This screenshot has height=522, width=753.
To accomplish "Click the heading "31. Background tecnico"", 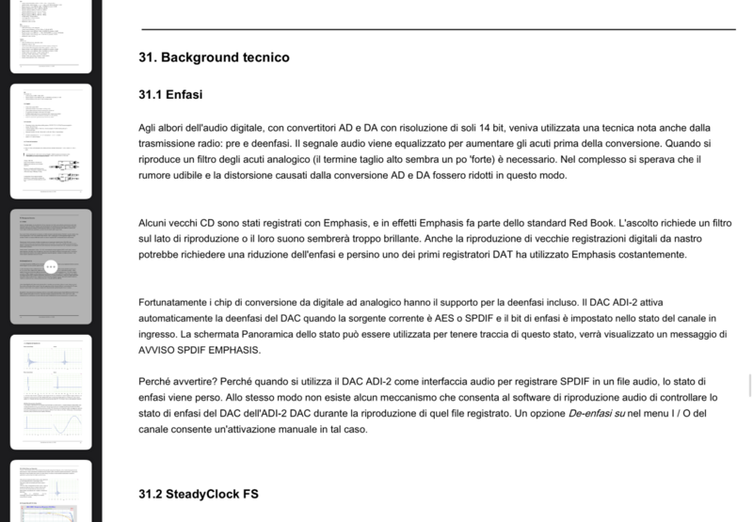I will (x=214, y=57).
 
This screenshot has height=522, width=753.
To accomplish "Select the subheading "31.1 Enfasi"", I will (x=171, y=94).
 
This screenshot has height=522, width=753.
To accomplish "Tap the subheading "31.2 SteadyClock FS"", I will (x=198, y=494).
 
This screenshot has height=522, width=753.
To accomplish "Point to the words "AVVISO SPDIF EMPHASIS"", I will (x=205, y=350).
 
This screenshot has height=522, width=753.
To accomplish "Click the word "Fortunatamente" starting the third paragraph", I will (x=183, y=302).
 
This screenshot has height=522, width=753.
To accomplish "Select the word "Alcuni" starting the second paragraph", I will (x=156, y=223).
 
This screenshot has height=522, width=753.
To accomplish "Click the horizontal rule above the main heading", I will (x=438, y=29).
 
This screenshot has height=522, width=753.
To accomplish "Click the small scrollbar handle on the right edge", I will (x=750, y=387).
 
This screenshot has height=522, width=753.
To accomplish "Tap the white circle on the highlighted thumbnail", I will (x=51, y=266).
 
